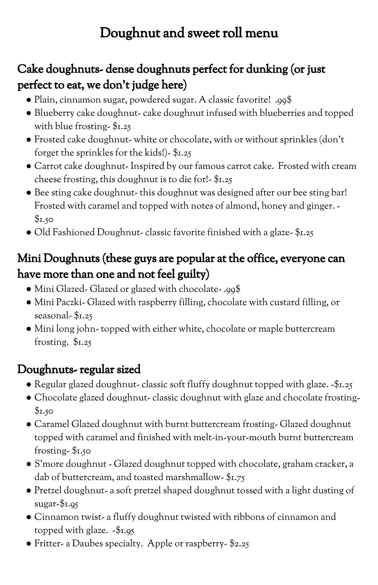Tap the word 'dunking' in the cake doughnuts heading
click(267, 69)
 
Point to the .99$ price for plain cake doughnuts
click(284, 100)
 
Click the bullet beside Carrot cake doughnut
click(29, 166)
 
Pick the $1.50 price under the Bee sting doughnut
click(44, 219)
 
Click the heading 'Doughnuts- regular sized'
click(79, 370)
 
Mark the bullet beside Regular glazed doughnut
click(29, 385)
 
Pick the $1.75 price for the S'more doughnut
click(235, 477)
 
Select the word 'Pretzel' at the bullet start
click(48, 490)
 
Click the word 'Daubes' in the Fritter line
click(87, 543)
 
